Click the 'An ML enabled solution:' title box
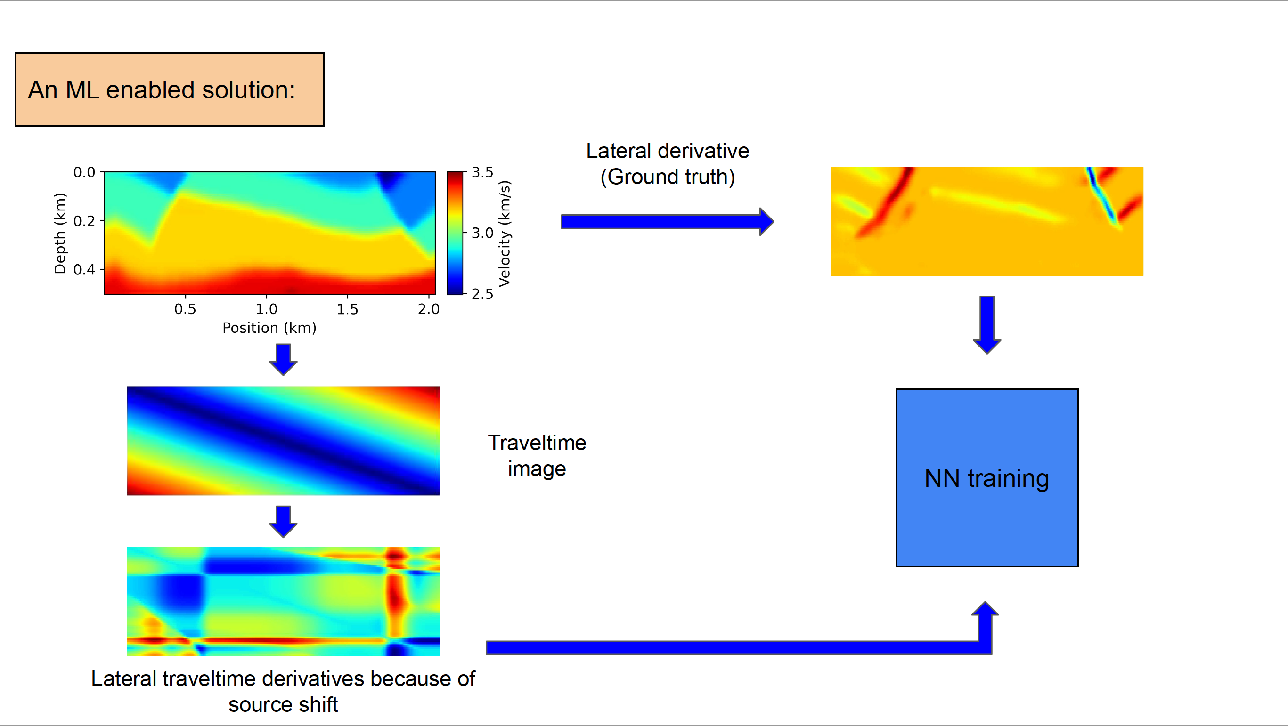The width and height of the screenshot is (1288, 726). click(x=170, y=89)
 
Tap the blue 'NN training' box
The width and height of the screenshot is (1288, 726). click(x=986, y=478)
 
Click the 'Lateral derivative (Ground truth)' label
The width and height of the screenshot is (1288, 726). click(x=668, y=164)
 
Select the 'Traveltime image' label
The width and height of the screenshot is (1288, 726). click(x=537, y=455)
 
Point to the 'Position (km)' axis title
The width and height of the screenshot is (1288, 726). click(x=269, y=328)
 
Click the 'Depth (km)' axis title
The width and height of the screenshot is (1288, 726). click(x=60, y=233)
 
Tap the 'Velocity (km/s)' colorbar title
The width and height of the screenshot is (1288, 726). click(x=505, y=234)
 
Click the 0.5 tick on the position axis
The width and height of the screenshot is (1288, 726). click(x=185, y=309)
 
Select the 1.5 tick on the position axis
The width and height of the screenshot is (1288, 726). click(x=348, y=309)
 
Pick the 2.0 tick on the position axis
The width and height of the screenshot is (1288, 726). click(x=429, y=309)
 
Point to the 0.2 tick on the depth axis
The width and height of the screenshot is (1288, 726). click(x=84, y=221)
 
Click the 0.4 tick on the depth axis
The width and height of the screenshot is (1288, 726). click(x=84, y=270)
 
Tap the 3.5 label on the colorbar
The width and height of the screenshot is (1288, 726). click(x=482, y=172)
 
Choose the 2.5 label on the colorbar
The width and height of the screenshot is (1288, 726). click(x=482, y=294)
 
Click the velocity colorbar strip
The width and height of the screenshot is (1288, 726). click(x=455, y=234)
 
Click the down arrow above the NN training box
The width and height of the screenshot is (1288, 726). click(x=986, y=324)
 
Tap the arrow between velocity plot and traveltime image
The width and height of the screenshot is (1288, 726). click(x=283, y=359)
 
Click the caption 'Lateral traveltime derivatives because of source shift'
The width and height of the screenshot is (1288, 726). click(x=283, y=691)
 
